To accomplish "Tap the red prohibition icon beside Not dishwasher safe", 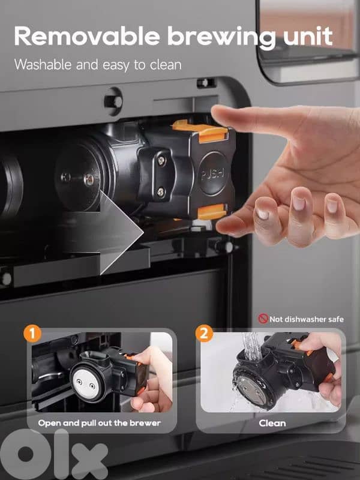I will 262,319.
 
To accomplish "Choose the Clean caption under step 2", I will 272,422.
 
